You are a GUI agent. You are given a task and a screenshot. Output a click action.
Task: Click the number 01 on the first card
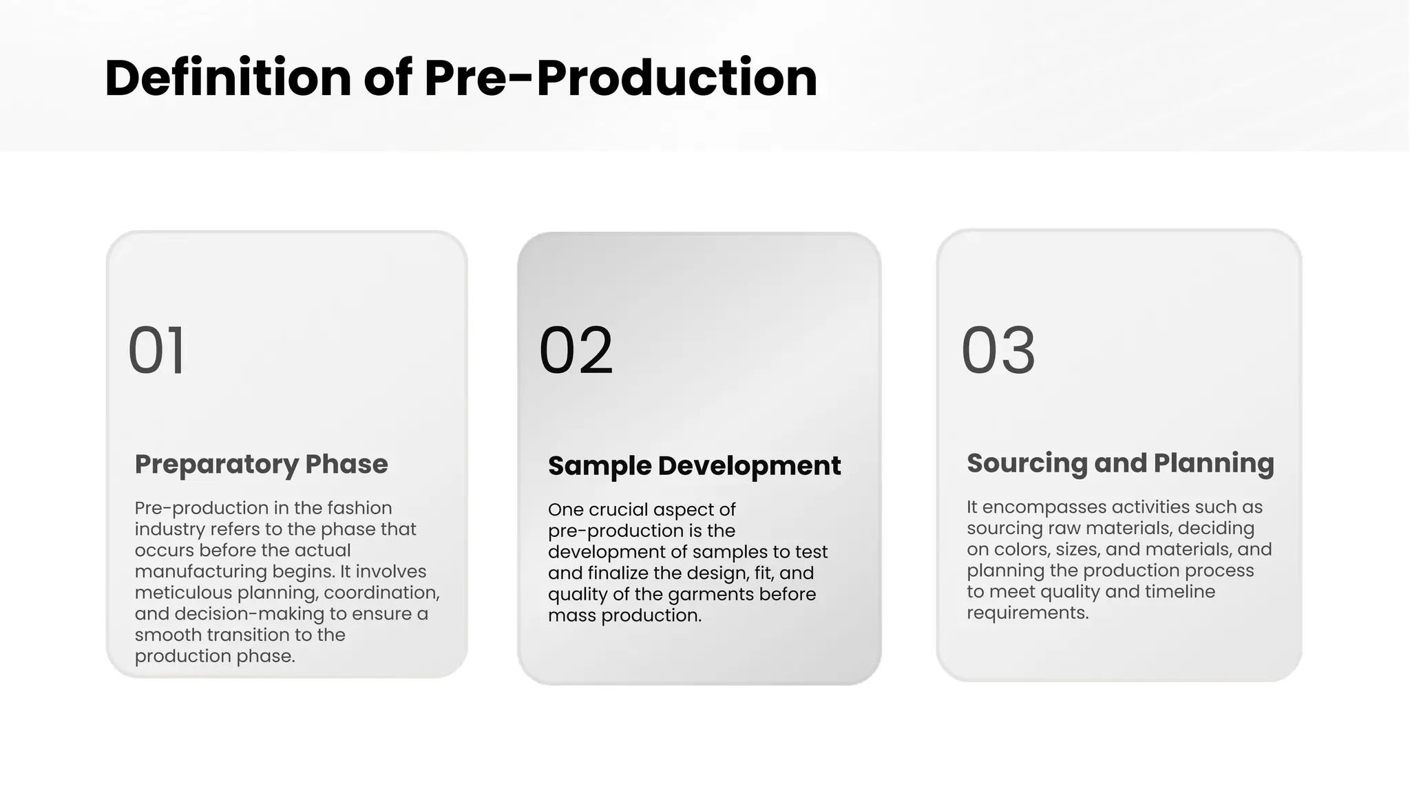click(157, 350)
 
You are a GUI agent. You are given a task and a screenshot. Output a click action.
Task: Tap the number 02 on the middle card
click(576, 350)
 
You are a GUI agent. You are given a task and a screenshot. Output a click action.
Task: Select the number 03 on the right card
click(998, 350)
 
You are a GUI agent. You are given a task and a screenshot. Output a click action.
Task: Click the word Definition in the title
click(228, 77)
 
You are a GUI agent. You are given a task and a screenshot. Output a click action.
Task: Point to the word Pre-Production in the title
click(620, 77)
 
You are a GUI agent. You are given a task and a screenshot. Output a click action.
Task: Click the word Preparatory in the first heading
click(216, 465)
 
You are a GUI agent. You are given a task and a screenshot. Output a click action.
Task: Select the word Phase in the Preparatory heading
click(346, 464)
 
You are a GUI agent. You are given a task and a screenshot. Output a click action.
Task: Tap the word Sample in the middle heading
click(599, 466)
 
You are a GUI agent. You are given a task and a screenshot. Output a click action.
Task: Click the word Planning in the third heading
click(1213, 463)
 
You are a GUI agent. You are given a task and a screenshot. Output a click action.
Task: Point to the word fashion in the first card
click(359, 508)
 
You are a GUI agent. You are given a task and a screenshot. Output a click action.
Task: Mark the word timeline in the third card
click(1179, 592)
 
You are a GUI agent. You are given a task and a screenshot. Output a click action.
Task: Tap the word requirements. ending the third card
click(1027, 613)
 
